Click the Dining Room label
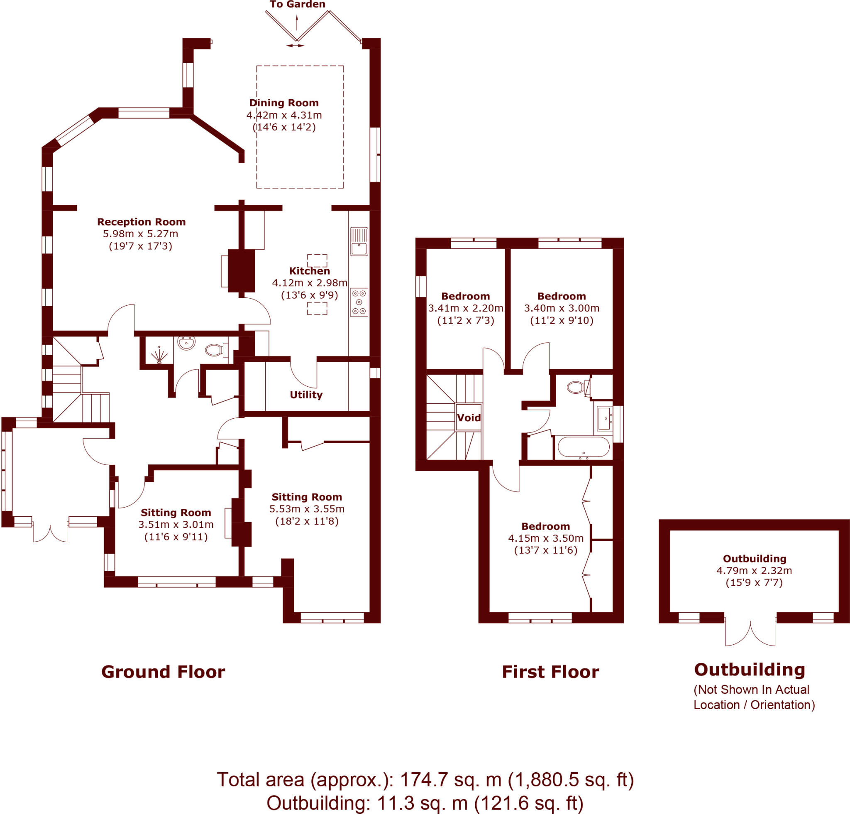(x=283, y=103)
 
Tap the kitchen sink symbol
(x=359, y=242)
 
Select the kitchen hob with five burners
(x=359, y=302)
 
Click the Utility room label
(x=306, y=395)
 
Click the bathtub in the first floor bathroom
(x=583, y=447)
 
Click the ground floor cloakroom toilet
(x=215, y=349)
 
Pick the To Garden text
(x=297, y=4)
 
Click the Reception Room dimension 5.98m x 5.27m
(x=140, y=233)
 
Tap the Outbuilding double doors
(x=750, y=633)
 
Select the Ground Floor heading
(x=163, y=672)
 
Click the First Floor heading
(x=550, y=672)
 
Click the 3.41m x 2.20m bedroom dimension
(x=465, y=308)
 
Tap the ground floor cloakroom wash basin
(x=186, y=343)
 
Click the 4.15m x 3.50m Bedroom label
(x=545, y=526)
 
